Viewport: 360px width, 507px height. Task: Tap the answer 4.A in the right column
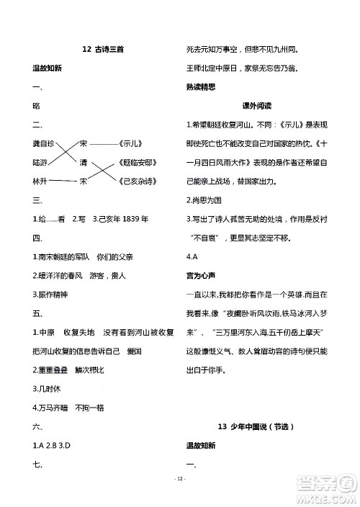(x=192, y=256)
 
